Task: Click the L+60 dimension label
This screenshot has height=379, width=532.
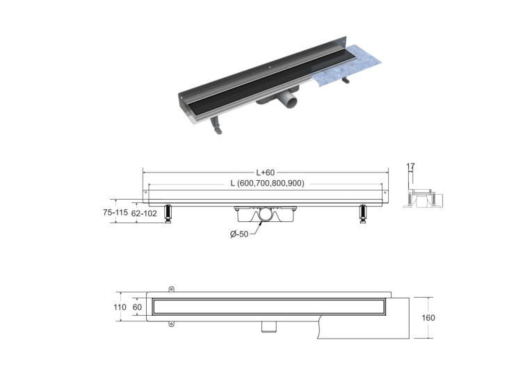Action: coord(266,172)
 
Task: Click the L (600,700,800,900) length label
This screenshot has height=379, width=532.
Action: coord(267,183)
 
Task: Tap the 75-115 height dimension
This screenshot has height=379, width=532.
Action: coord(115,212)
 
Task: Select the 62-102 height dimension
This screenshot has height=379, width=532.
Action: coord(144,213)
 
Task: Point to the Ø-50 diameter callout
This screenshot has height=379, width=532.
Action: coord(239,234)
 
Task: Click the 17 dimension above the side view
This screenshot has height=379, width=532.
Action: coord(410,166)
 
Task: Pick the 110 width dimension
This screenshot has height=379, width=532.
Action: coord(120,307)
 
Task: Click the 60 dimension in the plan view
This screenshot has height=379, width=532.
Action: coord(138,307)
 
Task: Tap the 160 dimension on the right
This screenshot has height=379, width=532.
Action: coord(428,318)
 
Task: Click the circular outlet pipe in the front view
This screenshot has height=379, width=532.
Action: coord(266,215)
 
